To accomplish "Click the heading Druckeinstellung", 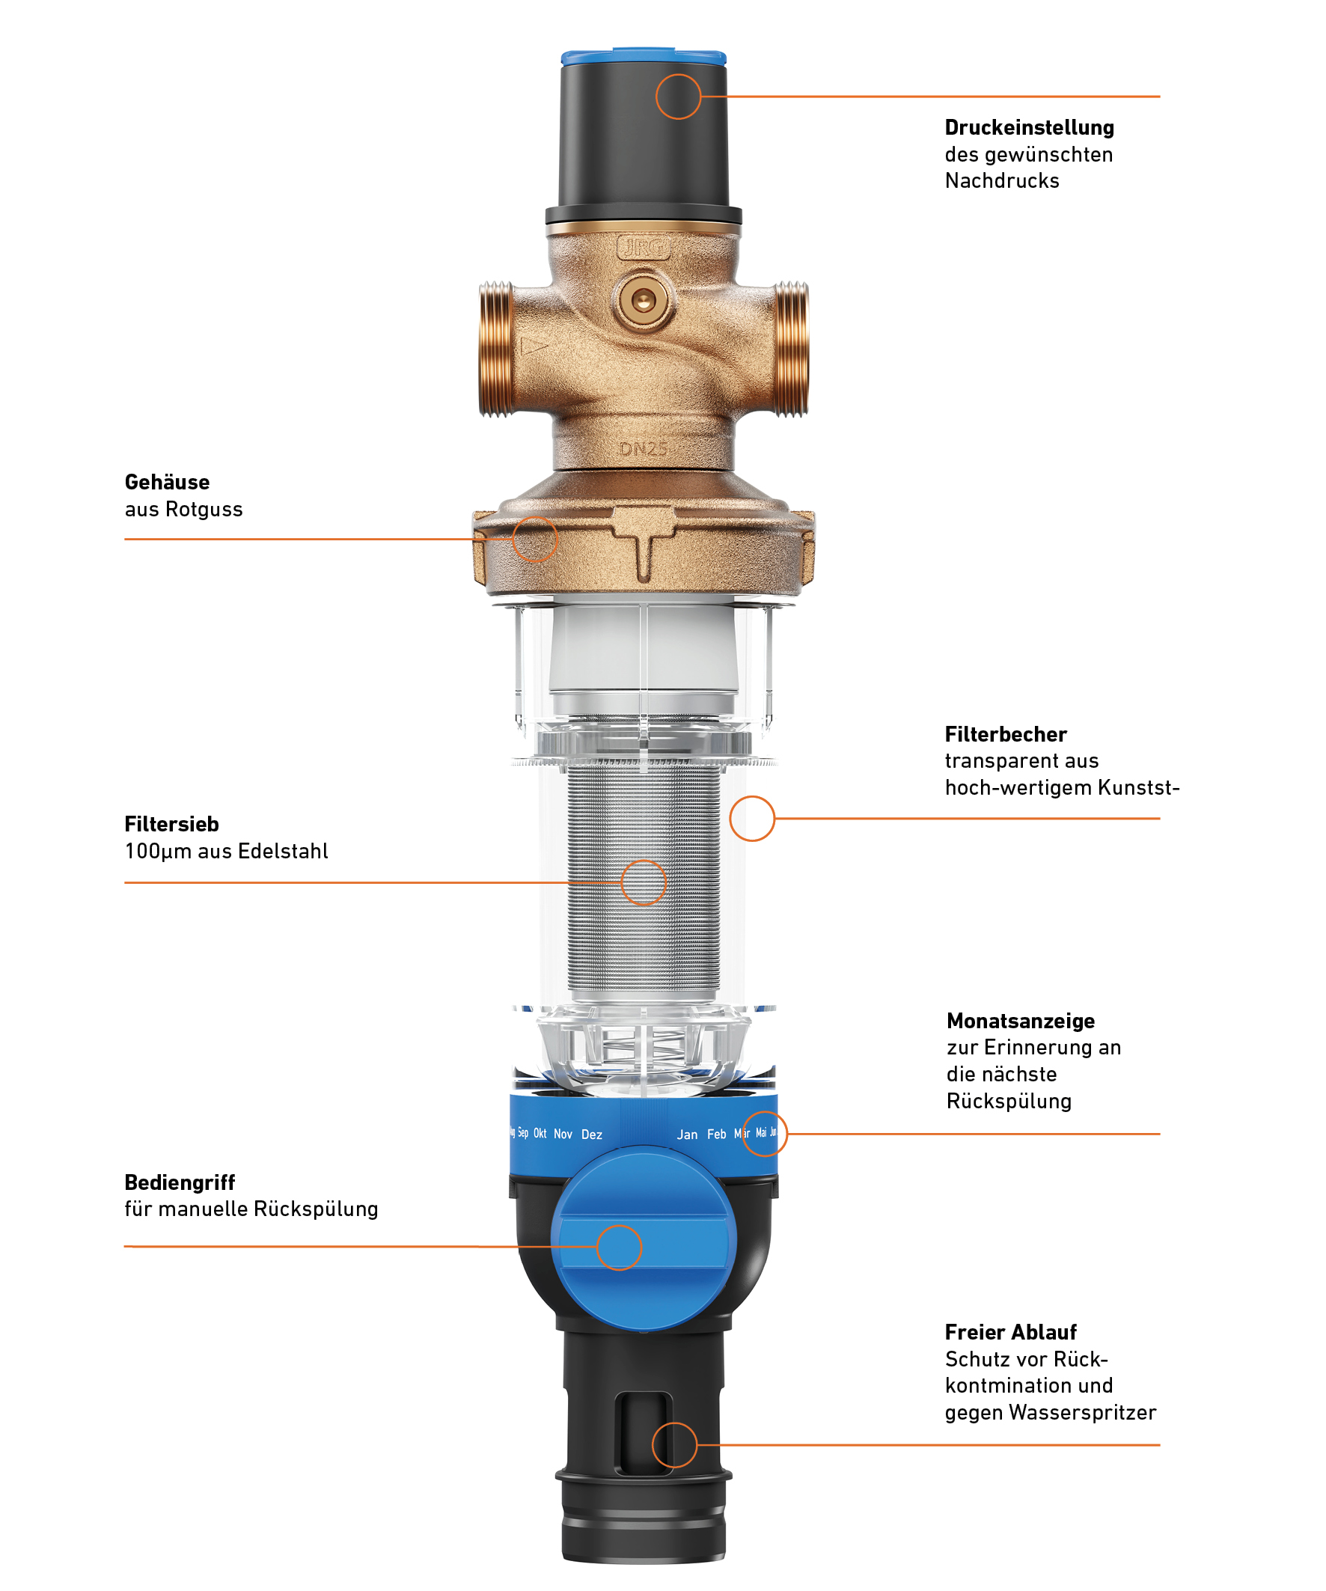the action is coord(1029,127).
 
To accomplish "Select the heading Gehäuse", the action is coord(167,482).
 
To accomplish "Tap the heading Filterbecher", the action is coord(1006,734).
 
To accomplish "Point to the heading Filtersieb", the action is coord(171,823).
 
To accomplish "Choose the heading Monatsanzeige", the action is coord(1021,1021).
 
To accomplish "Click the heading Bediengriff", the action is coord(180,1182).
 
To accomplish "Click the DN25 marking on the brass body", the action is coord(644,449).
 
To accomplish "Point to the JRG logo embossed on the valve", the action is coord(644,248).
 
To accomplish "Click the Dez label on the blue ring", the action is coord(592,1135).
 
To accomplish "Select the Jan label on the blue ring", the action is coord(687,1135).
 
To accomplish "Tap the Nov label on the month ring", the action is coord(563,1134).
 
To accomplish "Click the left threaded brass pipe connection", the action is coord(497,349).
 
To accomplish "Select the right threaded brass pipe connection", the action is coord(790,349).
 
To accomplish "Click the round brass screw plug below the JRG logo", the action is coord(644,302).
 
